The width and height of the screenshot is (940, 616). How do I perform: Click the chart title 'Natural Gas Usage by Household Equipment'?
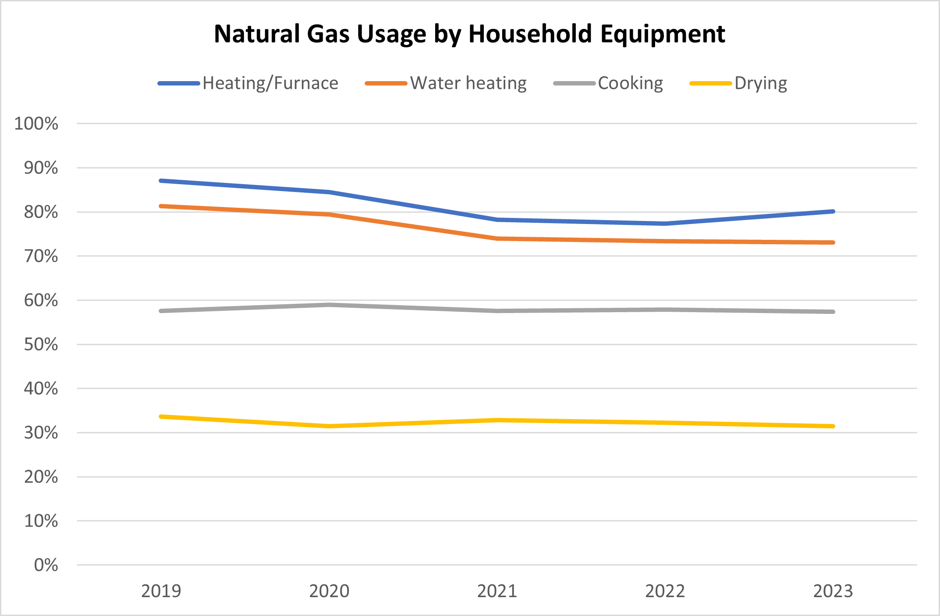[x=469, y=34]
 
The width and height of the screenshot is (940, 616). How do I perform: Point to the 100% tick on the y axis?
[x=36, y=124]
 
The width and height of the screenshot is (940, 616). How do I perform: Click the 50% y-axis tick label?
[x=41, y=345]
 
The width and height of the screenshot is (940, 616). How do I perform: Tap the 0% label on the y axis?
[x=46, y=565]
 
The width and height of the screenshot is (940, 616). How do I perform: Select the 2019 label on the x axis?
[x=161, y=591]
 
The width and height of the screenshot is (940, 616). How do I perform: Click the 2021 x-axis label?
[x=497, y=591]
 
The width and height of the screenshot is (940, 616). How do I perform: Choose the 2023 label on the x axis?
[x=833, y=591]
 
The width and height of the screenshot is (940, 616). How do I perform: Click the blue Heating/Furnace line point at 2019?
[x=161, y=181]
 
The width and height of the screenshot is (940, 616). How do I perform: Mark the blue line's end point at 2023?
[x=833, y=211]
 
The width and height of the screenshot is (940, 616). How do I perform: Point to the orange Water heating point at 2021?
[x=497, y=239]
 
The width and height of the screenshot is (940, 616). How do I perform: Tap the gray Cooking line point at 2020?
[x=329, y=305]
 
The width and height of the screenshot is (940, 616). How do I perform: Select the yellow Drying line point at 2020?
[x=329, y=426]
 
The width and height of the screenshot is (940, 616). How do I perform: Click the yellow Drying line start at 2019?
[x=161, y=417]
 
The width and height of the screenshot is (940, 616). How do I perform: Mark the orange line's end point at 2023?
[x=833, y=242]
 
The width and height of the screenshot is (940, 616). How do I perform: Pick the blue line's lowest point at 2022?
[x=665, y=224]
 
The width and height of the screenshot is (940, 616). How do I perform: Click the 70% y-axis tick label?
[x=41, y=256]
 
